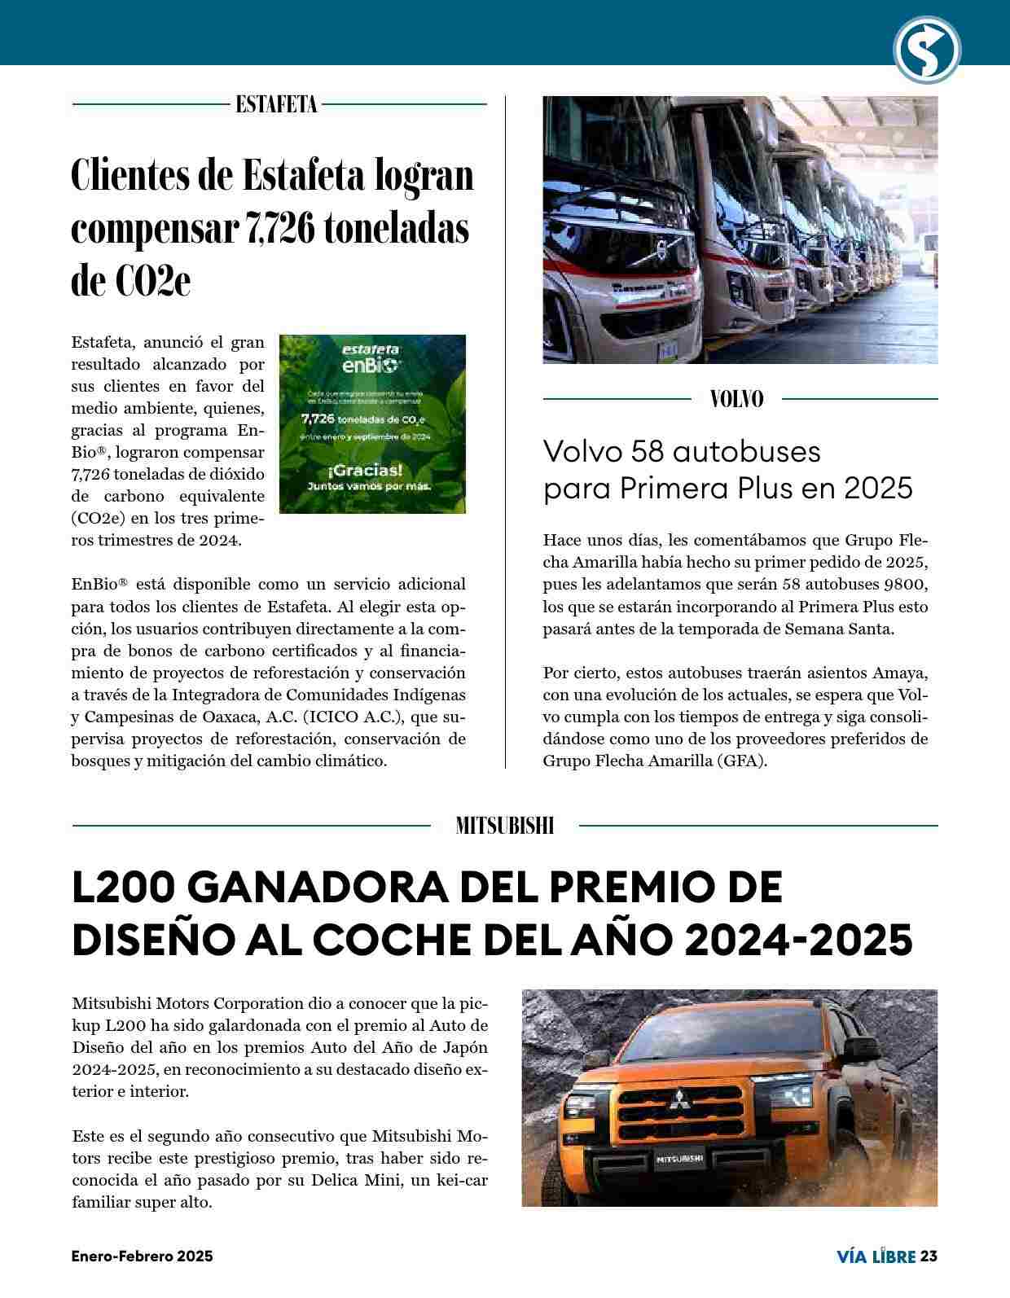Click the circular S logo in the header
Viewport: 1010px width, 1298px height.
pyautogui.click(x=927, y=50)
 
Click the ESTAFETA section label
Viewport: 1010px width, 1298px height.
pyautogui.click(x=276, y=104)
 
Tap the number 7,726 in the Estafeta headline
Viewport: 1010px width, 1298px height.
pyautogui.click(x=280, y=229)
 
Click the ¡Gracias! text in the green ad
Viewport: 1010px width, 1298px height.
pyautogui.click(x=365, y=471)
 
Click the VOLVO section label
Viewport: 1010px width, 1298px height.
pyautogui.click(x=737, y=399)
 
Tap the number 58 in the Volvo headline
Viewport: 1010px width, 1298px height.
pyautogui.click(x=648, y=451)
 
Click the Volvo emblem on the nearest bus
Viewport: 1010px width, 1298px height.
pyautogui.click(x=661, y=250)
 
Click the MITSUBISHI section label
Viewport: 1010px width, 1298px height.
pyautogui.click(x=505, y=826)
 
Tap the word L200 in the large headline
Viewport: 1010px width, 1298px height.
pyautogui.click(x=124, y=888)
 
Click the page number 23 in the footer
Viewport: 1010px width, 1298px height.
pyautogui.click(x=929, y=1256)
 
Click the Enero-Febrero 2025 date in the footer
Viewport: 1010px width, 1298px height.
pyautogui.click(x=142, y=1256)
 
